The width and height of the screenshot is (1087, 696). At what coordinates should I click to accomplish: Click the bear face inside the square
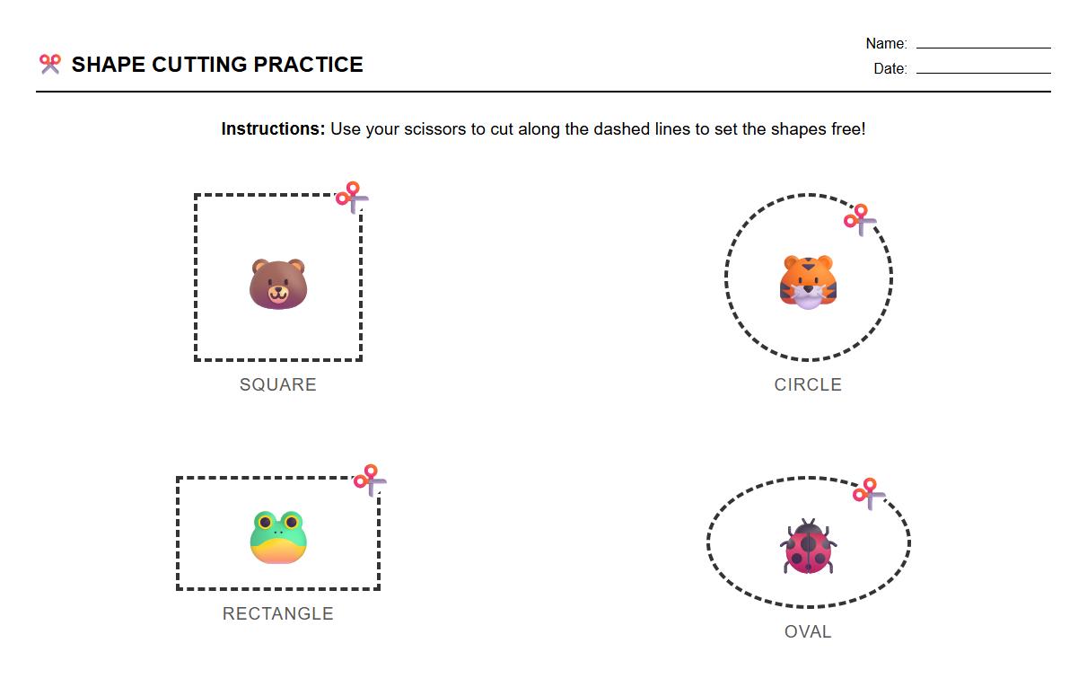pyautogui.click(x=278, y=284)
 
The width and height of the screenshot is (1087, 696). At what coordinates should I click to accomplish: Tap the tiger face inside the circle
pyautogui.click(x=808, y=282)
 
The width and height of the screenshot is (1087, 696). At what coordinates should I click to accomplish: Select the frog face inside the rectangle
pyautogui.click(x=278, y=537)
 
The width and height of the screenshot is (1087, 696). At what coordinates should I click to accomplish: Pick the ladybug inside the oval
pyautogui.click(x=808, y=547)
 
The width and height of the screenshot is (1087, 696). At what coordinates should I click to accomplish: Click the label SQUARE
pyautogui.click(x=278, y=384)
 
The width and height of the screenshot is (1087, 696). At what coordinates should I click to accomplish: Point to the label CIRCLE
pyautogui.click(x=808, y=384)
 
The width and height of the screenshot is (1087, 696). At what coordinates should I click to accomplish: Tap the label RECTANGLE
pyautogui.click(x=278, y=613)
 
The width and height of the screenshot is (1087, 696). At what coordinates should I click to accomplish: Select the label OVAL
pyautogui.click(x=808, y=631)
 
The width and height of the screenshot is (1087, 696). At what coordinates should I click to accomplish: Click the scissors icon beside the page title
pyautogui.click(x=50, y=64)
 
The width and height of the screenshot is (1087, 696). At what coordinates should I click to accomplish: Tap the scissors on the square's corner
pyautogui.click(x=352, y=197)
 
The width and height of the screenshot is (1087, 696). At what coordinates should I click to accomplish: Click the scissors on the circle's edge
pyautogui.click(x=860, y=219)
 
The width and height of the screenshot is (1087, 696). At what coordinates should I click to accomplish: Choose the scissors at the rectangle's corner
pyautogui.click(x=370, y=480)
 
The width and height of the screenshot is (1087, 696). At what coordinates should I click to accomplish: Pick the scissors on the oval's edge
pyautogui.click(x=869, y=493)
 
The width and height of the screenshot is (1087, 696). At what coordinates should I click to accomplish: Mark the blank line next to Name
pyautogui.click(x=983, y=47)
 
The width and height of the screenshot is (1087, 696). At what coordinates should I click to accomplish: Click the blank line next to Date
pyautogui.click(x=983, y=72)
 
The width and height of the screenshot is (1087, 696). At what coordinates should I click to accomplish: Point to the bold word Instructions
pyautogui.click(x=273, y=128)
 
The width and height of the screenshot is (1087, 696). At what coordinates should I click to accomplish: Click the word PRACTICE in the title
pyautogui.click(x=308, y=65)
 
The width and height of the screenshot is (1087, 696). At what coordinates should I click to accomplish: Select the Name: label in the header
pyautogui.click(x=886, y=43)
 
